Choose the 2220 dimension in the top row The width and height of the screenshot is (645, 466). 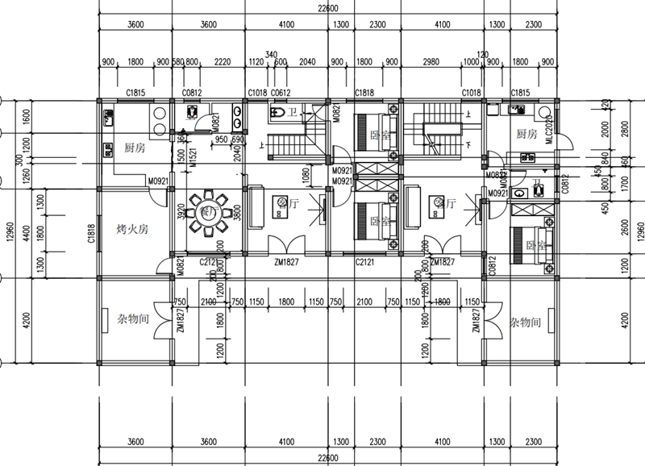[x=223, y=61]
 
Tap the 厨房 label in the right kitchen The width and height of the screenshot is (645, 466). [x=526, y=134]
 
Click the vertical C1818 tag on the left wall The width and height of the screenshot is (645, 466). [x=91, y=232]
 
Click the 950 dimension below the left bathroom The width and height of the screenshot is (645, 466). [x=220, y=139]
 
